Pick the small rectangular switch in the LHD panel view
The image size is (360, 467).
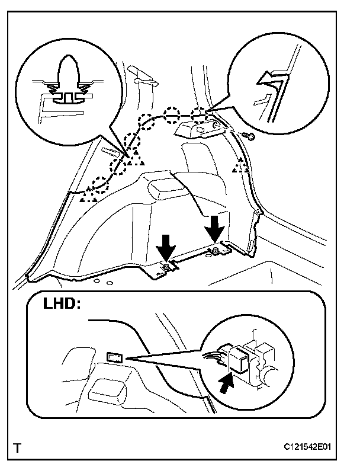coord(115,356)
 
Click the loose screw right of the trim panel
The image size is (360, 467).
coord(250,137)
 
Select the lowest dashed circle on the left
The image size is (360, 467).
coord(101,183)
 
